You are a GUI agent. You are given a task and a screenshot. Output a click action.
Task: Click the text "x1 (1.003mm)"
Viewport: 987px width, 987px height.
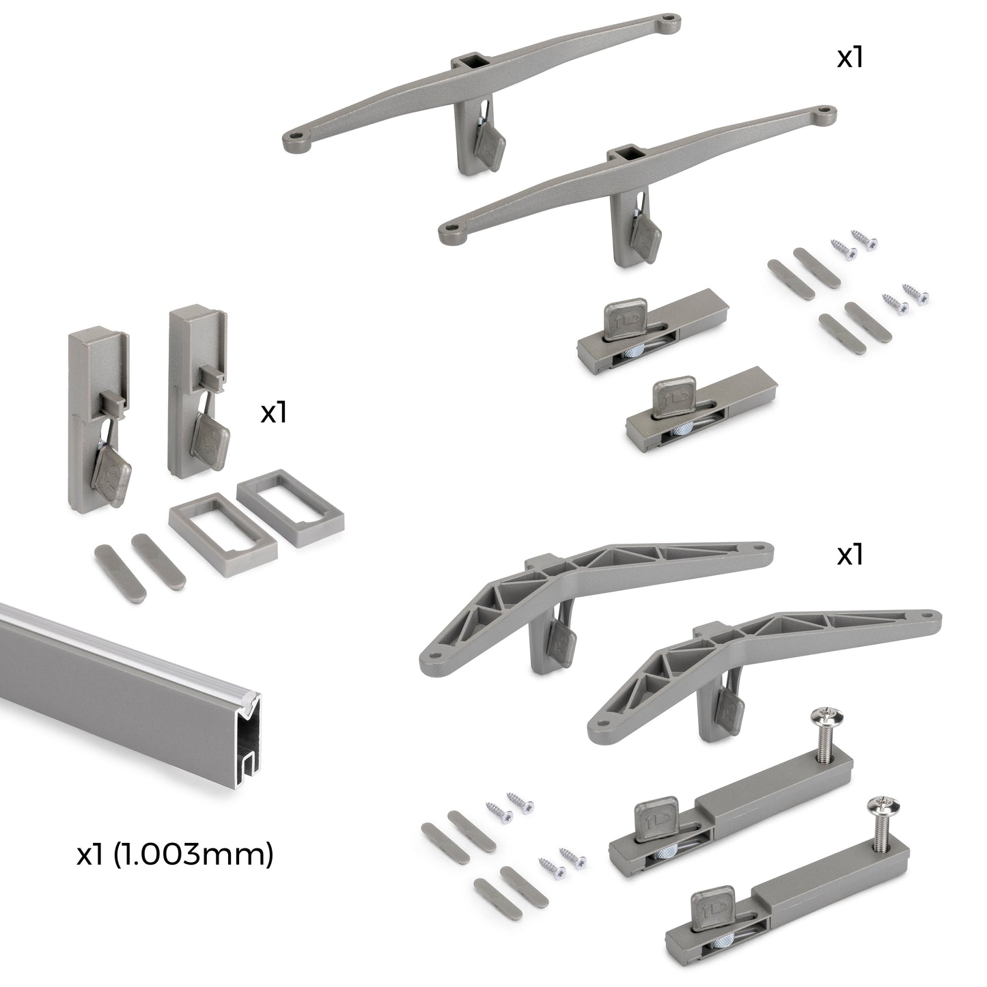point(175,854)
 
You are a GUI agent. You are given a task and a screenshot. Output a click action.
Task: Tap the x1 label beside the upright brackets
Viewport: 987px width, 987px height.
point(273,413)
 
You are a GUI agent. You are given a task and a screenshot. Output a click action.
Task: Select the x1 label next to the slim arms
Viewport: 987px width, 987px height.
point(850,58)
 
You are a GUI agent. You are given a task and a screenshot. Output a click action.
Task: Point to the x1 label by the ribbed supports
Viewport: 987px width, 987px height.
point(850,555)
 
